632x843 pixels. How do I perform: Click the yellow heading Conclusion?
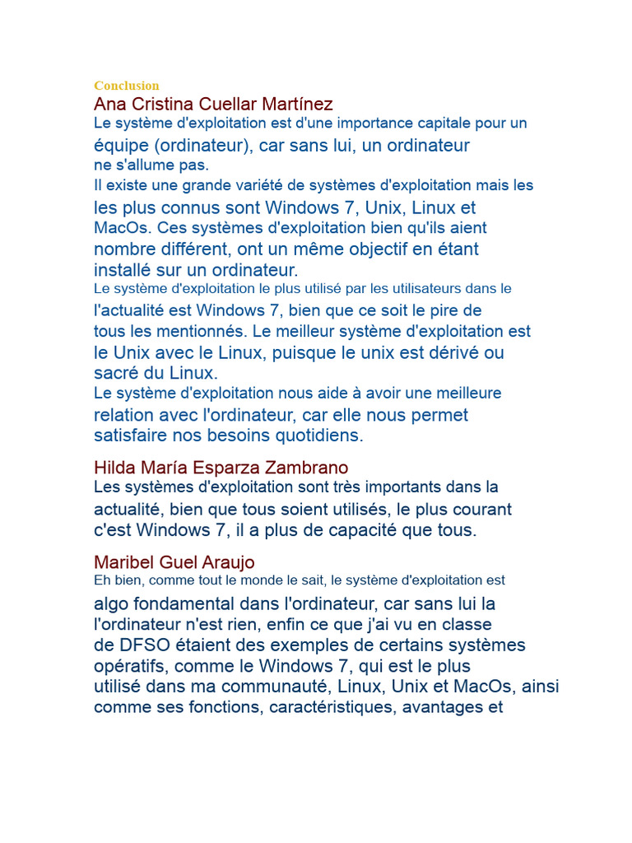point(126,86)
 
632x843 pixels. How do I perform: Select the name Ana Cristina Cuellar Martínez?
point(213,104)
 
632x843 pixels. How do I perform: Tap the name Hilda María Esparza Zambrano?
point(221,468)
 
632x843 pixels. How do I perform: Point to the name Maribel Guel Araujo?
point(174,562)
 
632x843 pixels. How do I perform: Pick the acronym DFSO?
point(142,645)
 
